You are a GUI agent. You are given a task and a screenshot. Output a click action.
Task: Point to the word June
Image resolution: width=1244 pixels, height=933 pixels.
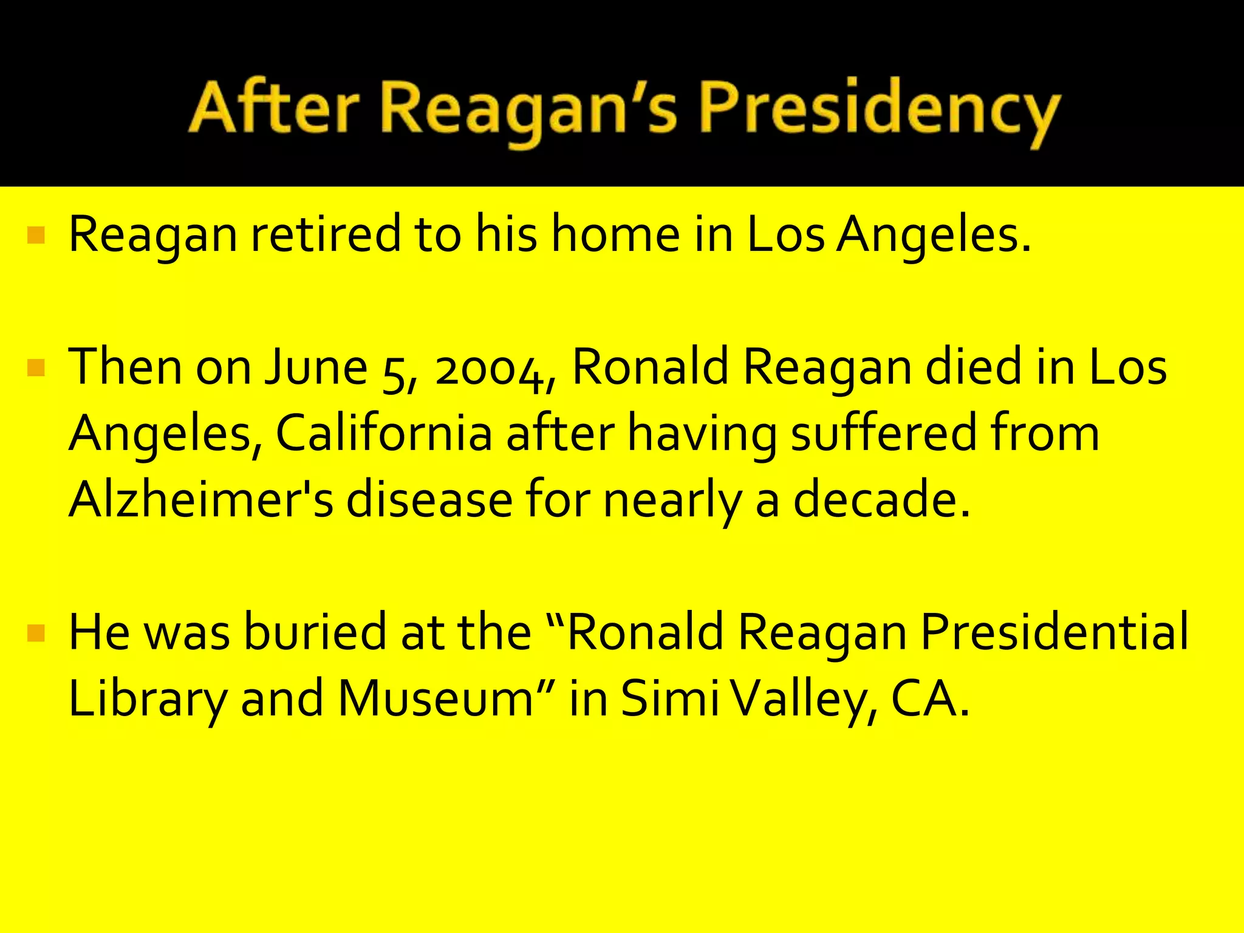pos(316,367)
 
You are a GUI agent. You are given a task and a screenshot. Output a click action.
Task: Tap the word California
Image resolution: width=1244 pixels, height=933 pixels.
pos(384,433)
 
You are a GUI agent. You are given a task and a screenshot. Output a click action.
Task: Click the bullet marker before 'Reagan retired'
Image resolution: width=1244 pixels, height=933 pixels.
pos(36,235)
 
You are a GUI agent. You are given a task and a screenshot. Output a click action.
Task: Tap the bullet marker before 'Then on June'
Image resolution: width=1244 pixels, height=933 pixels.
pos(36,368)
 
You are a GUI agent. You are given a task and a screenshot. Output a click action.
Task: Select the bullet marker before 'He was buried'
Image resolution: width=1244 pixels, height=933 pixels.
pos(36,634)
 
